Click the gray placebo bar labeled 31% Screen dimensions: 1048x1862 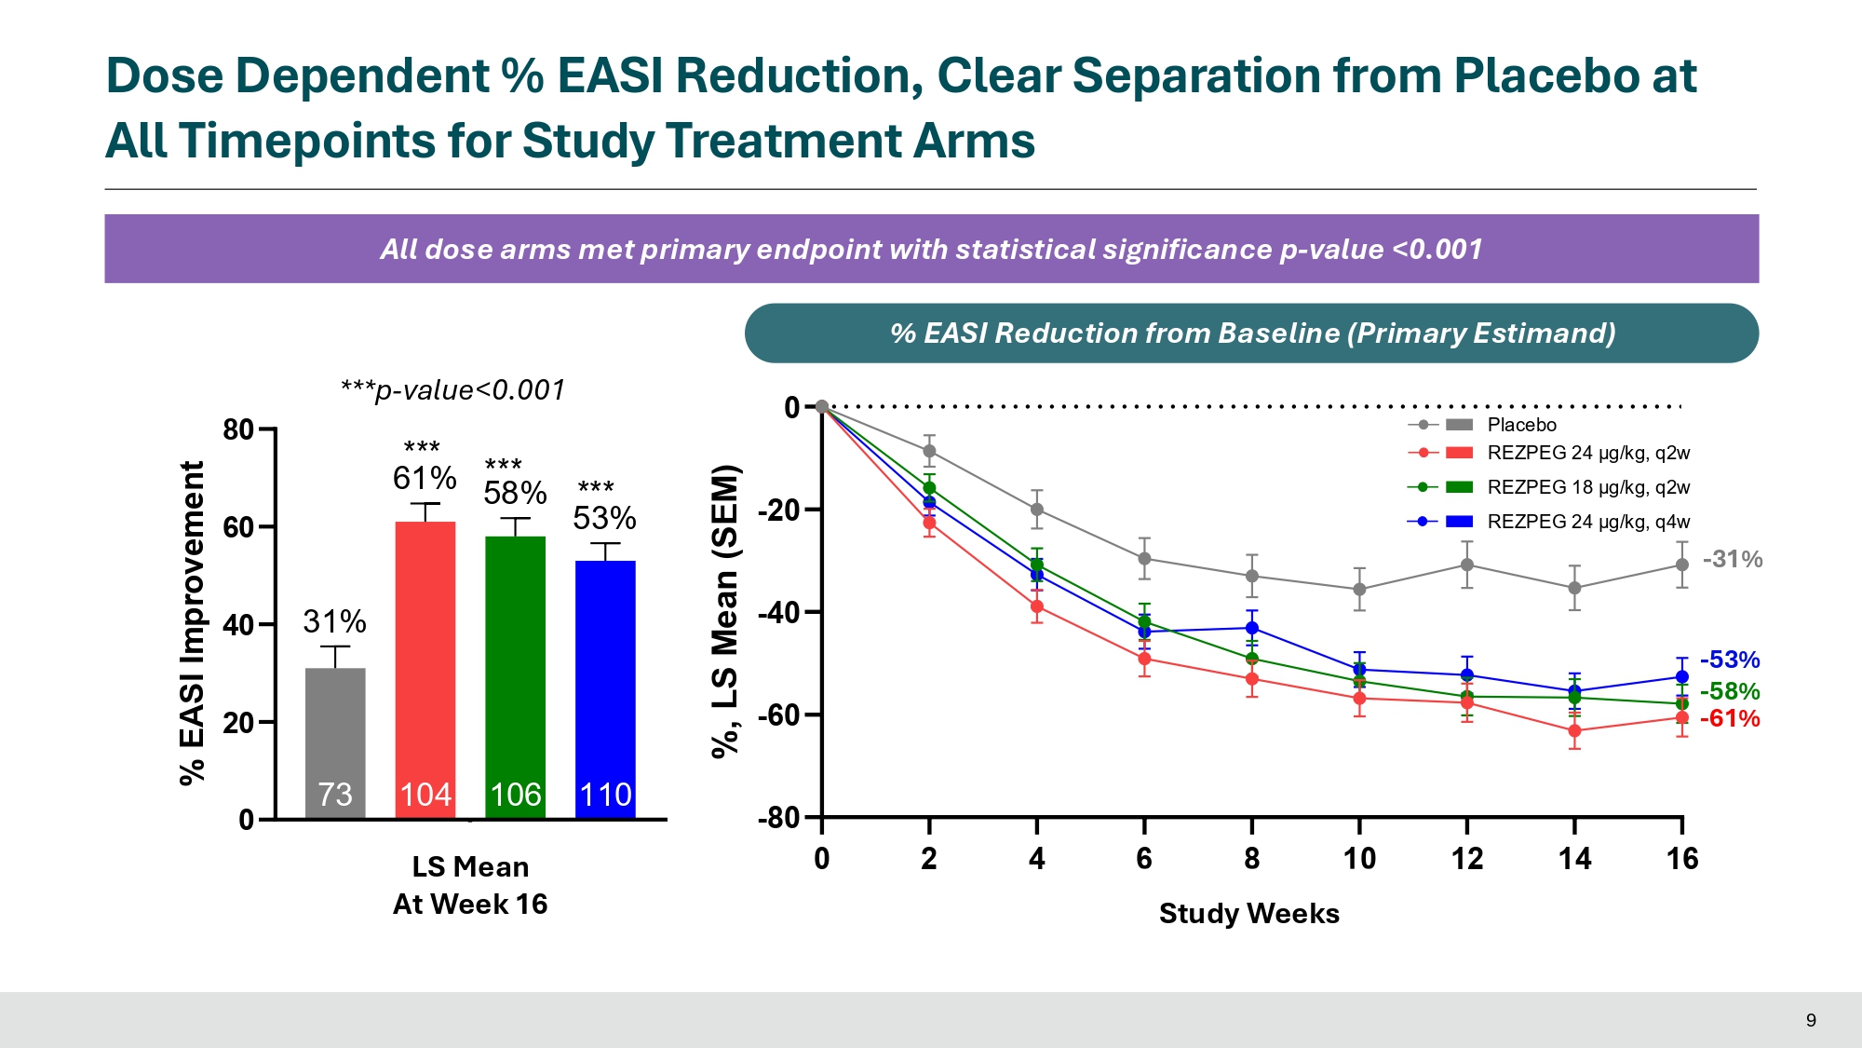(x=335, y=736)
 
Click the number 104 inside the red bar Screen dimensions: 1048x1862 (x=425, y=795)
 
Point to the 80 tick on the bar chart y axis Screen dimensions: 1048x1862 (x=238, y=429)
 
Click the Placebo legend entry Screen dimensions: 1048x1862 (x=1521, y=425)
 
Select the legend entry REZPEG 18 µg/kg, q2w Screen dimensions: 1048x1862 (x=1588, y=487)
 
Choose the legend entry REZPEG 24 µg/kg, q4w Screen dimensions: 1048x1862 (x=1588, y=522)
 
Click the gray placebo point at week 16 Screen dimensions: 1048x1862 (x=1682, y=565)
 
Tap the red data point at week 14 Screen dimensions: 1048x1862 (x=1574, y=731)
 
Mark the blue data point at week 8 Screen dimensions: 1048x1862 (x=1252, y=628)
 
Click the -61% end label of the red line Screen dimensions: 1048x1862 (x=1730, y=718)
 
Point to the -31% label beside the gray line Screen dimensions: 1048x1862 (x=1733, y=559)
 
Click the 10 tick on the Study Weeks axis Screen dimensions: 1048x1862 (x=1359, y=858)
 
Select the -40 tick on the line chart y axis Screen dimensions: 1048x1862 (x=778, y=613)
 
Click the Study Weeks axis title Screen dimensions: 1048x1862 (x=1248, y=914)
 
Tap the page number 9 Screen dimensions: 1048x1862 (x=1811, y=1020)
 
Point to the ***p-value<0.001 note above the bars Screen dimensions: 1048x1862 (x=452, y=389)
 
